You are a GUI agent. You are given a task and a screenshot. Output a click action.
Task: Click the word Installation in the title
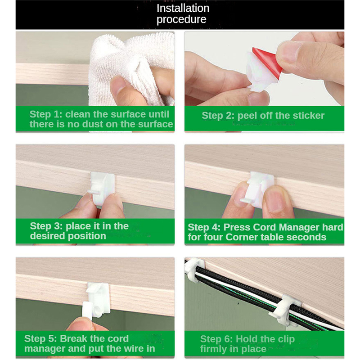pos(183,8)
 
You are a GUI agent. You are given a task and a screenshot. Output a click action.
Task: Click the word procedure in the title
pos(181,19)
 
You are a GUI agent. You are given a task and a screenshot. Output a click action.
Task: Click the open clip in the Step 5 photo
pos(96,300)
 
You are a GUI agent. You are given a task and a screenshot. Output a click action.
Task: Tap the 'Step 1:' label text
pos(46,114)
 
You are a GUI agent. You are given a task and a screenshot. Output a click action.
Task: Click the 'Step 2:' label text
pos(218,116)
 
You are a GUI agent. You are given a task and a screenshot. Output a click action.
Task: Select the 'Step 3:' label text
pos(46,226)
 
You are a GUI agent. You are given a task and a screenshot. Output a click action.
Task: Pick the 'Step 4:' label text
pos(204,227)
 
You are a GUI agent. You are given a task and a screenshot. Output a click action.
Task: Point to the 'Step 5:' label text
pos(40,339)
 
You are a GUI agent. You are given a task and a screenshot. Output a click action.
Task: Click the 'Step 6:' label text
pos(216,339)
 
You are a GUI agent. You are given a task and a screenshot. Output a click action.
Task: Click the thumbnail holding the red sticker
pos(288,52)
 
